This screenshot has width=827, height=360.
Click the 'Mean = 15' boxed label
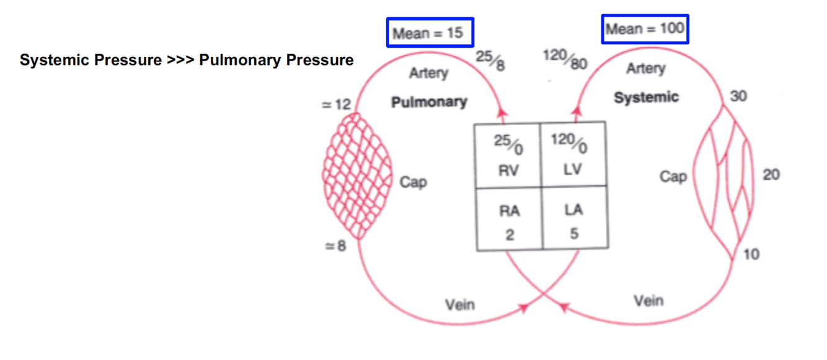[x=430, y=32]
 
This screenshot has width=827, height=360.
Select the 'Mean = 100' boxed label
[x=645, y=29]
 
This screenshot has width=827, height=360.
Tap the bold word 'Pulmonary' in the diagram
[x=429, y=102]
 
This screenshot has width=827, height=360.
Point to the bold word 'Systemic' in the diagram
[x=646, y=97]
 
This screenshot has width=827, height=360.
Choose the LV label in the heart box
[x=573, y=169]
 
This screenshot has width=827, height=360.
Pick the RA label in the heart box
[x=510, y=211]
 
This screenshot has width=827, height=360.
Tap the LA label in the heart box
[x=573, y=210]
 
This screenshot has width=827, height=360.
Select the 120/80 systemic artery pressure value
[x=565, y=59]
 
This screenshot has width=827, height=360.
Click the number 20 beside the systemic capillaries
[x=771, y=175]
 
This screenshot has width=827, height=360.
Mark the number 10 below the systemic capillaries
[x=751, y=254]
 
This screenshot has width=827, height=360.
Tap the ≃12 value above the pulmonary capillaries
[x=336, y=105]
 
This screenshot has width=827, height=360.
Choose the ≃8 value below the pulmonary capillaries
[x=335, y=246]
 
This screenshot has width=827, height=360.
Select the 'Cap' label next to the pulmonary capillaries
[x=413, y=182]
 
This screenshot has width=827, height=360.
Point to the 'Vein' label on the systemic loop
[x=648, y=301]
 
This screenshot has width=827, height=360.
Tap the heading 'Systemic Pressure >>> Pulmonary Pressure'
[x=187, y=60]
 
